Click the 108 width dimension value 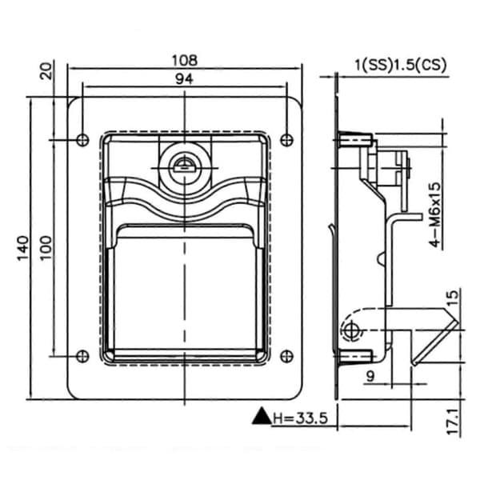pos(185,61)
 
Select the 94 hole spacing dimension pos(184,79)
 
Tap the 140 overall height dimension pos(22,248)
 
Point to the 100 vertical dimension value pos(46,248)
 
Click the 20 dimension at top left pos(46,71)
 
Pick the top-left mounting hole pos(82,140)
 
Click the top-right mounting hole pos(286,140)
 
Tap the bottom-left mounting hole pos(82,356)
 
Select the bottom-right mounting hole pos(286,356)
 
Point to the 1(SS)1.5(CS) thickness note pos(401,66)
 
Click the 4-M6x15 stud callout pos(436,214)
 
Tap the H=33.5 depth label pos(300,418)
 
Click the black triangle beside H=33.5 pos(262,416)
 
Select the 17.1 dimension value pos(453,422)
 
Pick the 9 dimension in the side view pos(370,376)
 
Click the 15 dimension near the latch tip pos(453,298)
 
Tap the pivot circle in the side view pos(351,330)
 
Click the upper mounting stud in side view pos(356,139)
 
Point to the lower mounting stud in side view pos(356,356)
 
